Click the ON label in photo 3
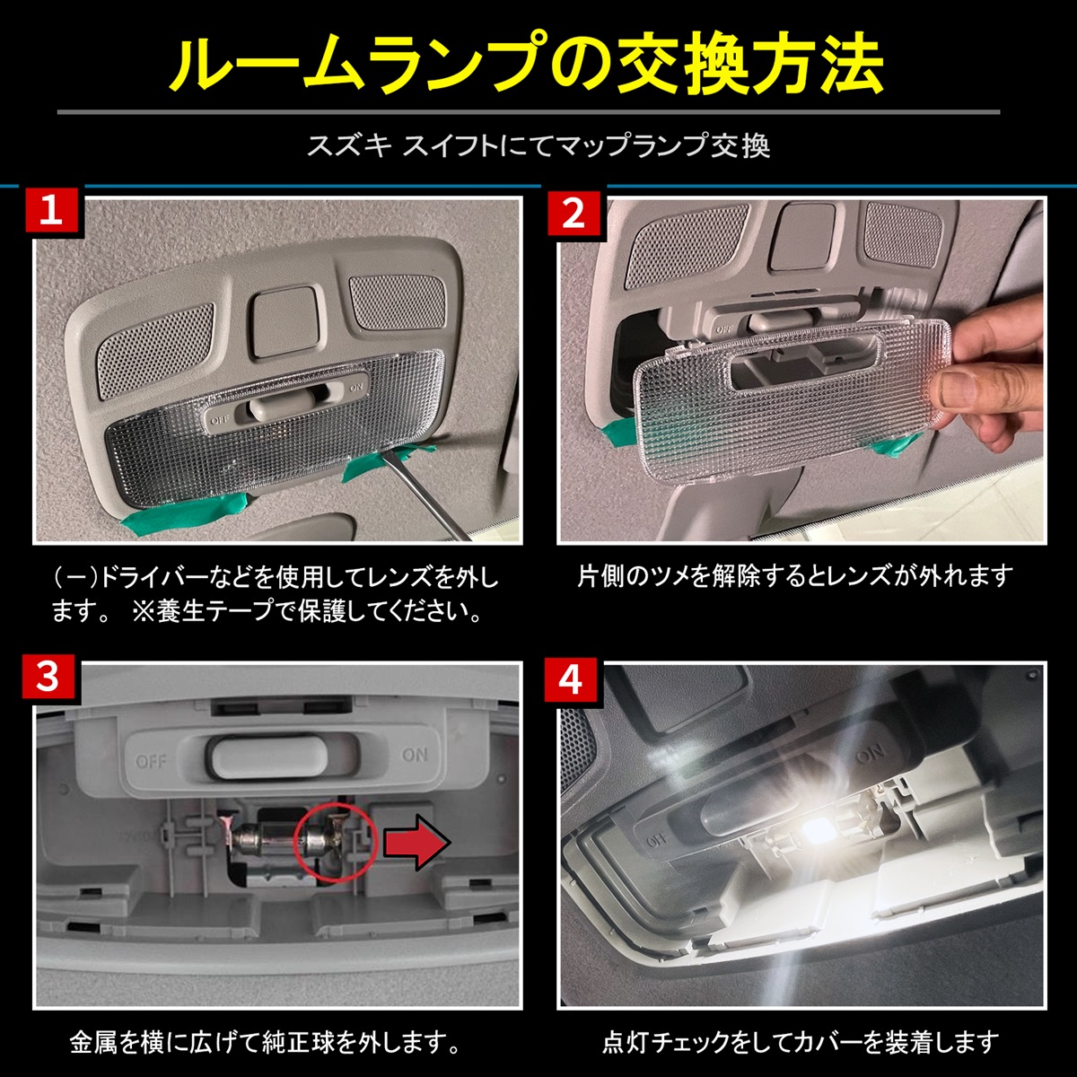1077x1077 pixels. coord(415,755)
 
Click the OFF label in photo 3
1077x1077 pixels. coord(151,761)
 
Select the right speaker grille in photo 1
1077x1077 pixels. coord(391,301)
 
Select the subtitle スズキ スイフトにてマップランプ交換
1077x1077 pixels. coord(538,145)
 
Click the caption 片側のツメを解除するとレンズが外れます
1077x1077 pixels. coord(794,575)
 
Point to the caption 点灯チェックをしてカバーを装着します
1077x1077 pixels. coord(800,1042)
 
